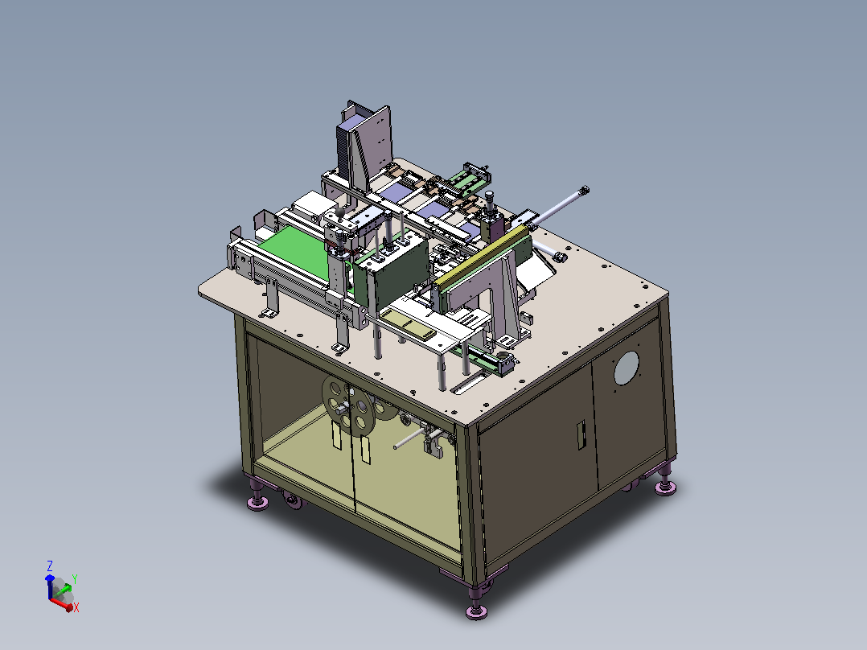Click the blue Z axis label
point(50,566)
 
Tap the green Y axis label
point(75,578)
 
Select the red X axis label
point(76,607)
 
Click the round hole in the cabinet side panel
point(626,368)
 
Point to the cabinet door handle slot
point(581,435)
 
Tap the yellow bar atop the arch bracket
point(482,257)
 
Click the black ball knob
point(340,212)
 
